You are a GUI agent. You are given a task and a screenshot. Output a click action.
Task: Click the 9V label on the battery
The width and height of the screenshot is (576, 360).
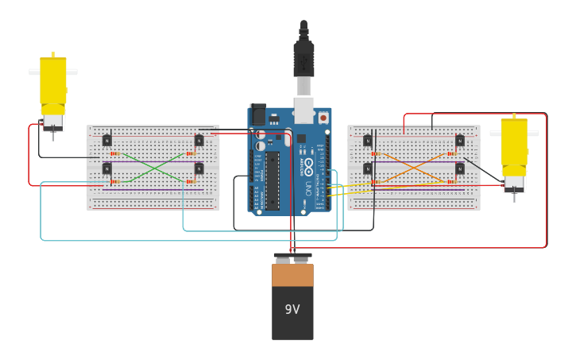pos(292,309)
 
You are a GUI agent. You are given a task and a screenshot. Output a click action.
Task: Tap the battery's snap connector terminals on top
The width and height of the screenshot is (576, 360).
pos(292,258)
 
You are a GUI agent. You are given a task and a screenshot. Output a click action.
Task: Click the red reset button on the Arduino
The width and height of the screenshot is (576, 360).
pos(323,118)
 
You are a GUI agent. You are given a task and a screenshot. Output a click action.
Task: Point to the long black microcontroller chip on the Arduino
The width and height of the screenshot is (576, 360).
pos(273,179)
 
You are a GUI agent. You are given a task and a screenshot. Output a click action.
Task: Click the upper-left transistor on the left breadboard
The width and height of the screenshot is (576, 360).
pos(107,141)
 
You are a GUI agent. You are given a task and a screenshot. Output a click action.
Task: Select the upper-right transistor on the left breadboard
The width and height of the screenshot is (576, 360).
pos(199,141)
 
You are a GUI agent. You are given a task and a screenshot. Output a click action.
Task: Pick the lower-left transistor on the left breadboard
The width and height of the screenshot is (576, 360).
pos(107,168)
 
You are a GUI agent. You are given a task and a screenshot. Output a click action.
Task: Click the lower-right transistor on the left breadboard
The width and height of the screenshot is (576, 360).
pos(199,168)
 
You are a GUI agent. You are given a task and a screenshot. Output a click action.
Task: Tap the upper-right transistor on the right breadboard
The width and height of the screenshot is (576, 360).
pos(459,141)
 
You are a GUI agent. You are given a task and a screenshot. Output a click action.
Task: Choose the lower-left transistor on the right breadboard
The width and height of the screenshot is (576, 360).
pos(368,168)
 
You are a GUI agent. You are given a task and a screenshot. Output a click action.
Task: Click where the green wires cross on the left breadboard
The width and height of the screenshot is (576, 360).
pos(153,168)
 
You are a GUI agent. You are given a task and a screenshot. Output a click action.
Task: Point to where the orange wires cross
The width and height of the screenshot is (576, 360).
pos(413,168)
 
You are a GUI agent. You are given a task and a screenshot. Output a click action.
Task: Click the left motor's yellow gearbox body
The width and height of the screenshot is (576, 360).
pos(53,83)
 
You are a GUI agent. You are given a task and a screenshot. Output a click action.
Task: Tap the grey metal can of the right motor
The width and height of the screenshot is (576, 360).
pos(514,184)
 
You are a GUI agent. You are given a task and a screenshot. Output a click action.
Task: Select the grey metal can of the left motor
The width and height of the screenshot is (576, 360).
pos(53,122)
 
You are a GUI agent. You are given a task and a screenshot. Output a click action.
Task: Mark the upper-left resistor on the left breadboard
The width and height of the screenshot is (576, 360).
pos(115,153)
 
